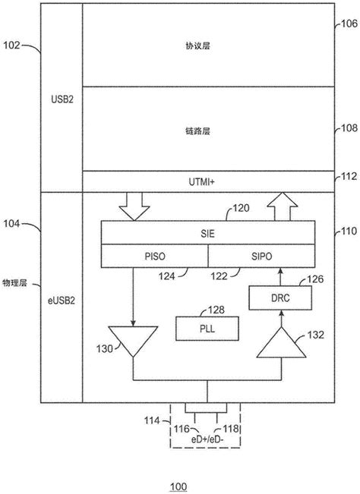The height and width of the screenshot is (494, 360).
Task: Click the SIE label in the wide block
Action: [x=207, y=234]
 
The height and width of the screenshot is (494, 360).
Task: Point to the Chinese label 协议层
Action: [x=207, y=46]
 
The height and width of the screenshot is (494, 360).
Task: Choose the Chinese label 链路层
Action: [x=207, y=131]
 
